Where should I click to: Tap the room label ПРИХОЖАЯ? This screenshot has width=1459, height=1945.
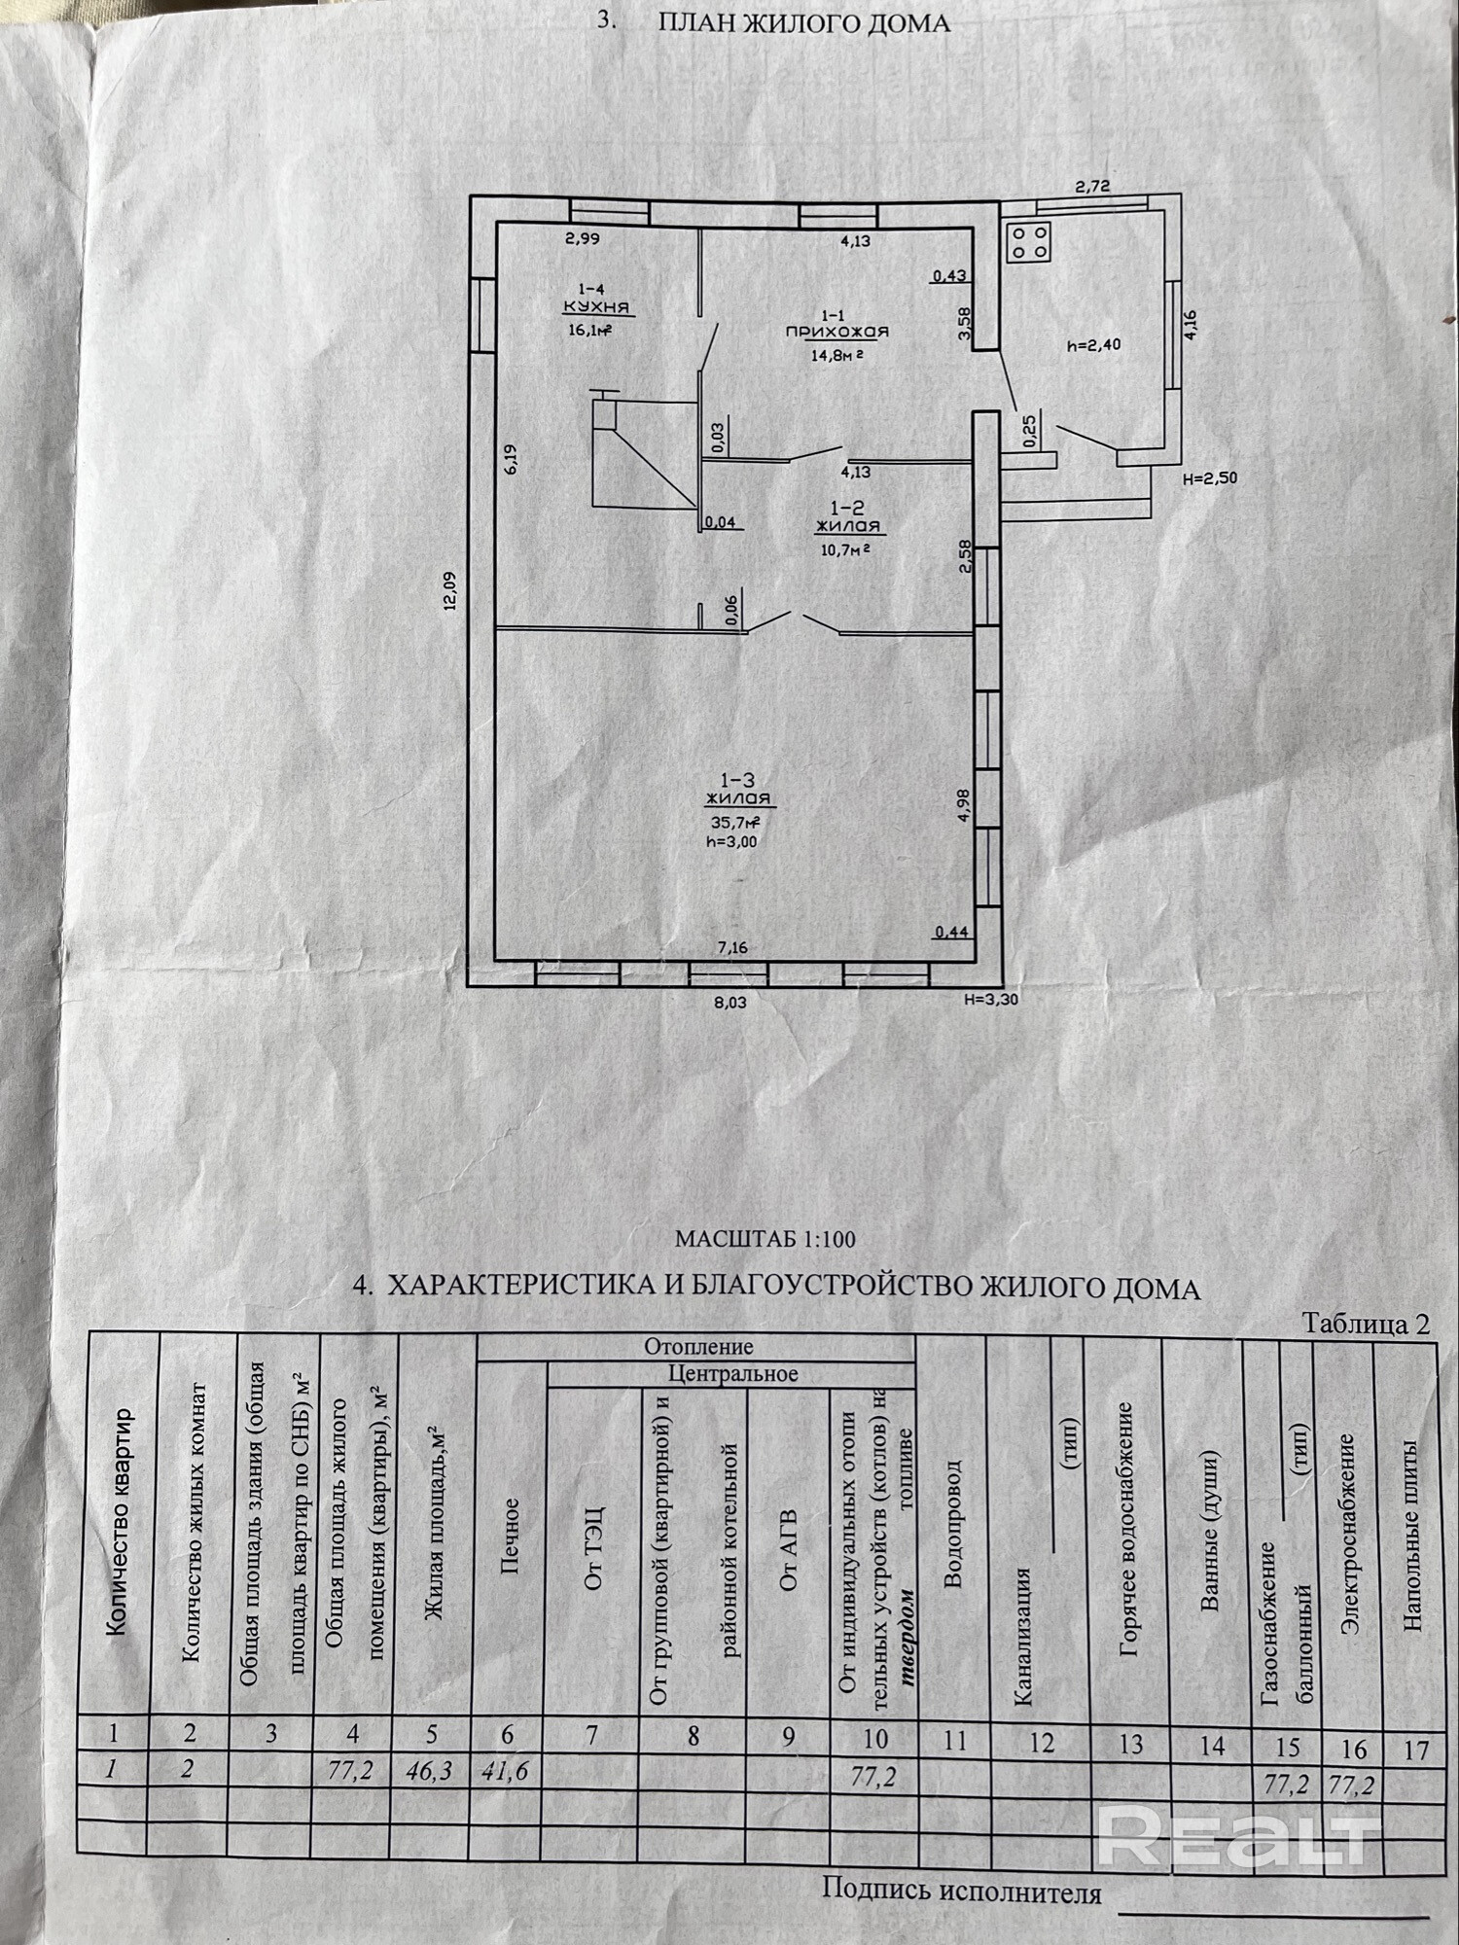pos(837,332)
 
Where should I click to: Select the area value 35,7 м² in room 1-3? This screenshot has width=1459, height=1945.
pos(735,821)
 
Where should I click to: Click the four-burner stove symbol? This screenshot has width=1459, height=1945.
pos(1029,242)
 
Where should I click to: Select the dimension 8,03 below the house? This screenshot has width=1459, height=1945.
pos(730,1001)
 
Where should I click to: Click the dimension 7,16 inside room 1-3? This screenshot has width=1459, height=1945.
pos(732,947)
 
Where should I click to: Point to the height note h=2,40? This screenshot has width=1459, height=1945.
pos(1094,344)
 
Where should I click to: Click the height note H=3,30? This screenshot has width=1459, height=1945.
pos(991,997)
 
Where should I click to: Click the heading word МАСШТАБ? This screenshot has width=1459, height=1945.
pos(735,1239)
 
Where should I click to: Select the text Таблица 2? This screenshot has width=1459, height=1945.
pos(1366,1324)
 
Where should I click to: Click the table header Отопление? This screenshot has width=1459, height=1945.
pos(698,1347)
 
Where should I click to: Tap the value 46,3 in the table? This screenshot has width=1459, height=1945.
pos(429,1771)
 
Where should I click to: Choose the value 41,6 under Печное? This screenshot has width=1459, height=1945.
pos(506,1771)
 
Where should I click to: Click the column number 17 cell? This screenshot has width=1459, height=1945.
pos(1415,1750)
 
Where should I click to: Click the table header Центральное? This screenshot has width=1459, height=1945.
pos(732,1374)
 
